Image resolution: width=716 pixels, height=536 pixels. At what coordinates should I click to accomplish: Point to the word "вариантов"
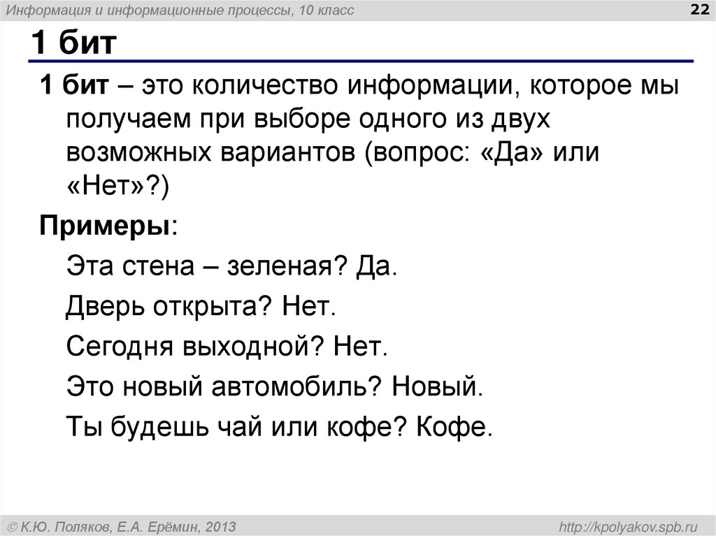pyautogui.click(x=282, y=152)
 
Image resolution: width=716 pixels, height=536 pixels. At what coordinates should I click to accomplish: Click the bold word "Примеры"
pyautogui.click(x=105, y=226)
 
